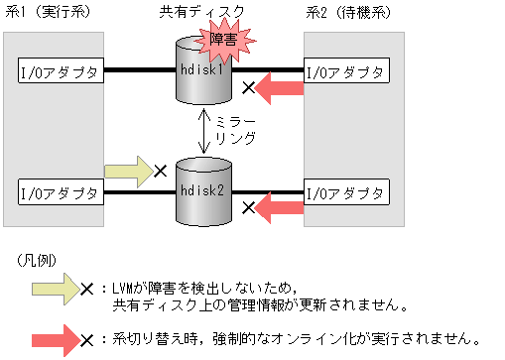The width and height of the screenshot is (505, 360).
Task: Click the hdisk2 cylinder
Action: tap(201, 189)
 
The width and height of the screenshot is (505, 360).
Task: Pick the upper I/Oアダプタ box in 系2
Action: tap(346, 71)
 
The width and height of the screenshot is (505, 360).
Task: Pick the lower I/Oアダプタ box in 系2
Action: tap(346, 187)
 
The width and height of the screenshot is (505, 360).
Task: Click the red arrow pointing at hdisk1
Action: tap(282, 90)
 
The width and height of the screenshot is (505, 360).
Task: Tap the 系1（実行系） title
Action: tap(47, 13)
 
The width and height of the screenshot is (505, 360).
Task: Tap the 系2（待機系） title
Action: tap(353, 13)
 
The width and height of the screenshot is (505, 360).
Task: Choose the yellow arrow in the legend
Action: tap(55, 289)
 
